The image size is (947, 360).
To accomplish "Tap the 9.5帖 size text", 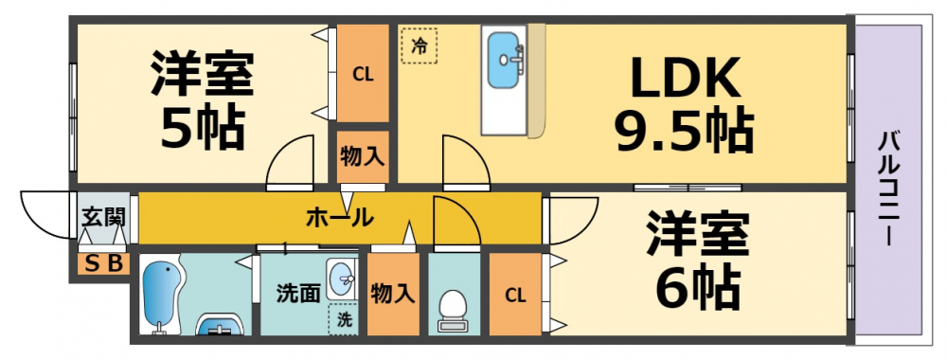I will coord(684,133).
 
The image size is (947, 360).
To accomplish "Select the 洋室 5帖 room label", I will coord(202,101).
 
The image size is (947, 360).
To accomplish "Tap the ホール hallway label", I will coord(338,217).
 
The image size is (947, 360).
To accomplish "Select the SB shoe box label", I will coord(102,264).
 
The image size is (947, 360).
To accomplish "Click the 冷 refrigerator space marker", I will coord(419,45).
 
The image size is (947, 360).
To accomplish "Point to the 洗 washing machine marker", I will coord(343,319).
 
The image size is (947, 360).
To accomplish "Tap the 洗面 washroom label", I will coord(297,293).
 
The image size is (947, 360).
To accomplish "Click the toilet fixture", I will coord(453,309).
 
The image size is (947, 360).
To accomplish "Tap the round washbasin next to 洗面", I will coord(341,278).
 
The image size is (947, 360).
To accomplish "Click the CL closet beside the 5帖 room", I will coord(363,74).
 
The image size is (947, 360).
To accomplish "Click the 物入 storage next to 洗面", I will coord(392,294).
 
